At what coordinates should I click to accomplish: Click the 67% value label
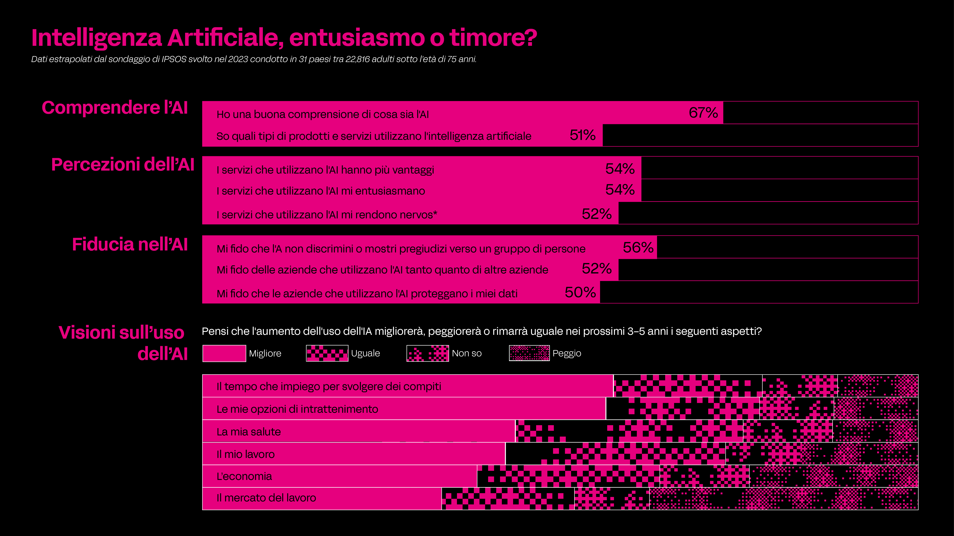tap(703, 113)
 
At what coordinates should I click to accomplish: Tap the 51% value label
tap(583, 135)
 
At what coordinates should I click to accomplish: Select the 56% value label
tap(638, 247)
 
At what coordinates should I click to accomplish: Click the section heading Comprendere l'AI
tap(115, 108)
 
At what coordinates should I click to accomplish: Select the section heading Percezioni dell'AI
tap(123, 165)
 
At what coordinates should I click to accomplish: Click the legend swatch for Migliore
tap(224, 353)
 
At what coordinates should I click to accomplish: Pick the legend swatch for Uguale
tap(327, 353)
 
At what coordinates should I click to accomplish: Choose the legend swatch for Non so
tap(427, 353)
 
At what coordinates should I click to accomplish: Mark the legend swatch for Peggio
tap(529, 353)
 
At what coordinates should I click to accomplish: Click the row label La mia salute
tap(248, 432)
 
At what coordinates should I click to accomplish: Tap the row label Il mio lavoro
tap(245, 454)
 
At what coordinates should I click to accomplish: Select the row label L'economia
tap(244, 476)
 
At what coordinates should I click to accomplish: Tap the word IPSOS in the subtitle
tap(174, 59)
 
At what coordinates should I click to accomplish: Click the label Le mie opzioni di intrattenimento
tap(297, 409)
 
